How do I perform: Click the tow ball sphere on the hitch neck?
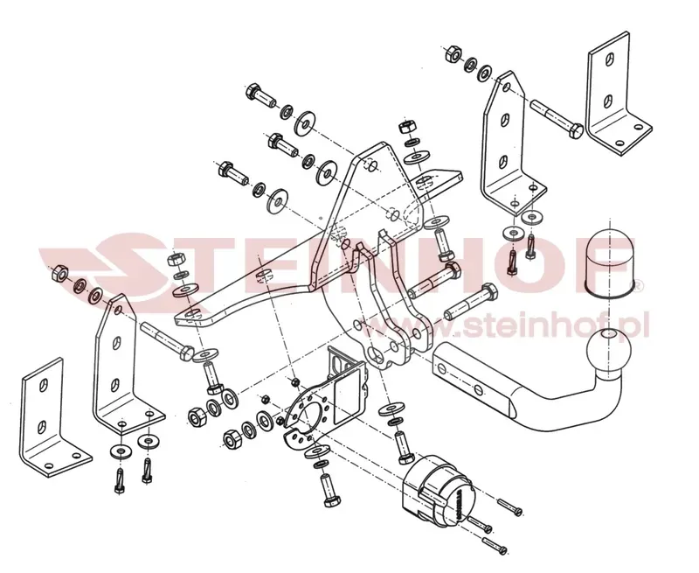coord(609,351)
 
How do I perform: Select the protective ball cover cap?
coord(607,262)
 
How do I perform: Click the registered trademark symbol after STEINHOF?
coord(638,284)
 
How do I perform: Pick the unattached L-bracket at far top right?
coord(617,94)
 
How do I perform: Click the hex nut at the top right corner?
coord(454,54)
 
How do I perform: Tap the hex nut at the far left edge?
coord(59,273)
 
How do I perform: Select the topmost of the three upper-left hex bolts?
coord(260,94)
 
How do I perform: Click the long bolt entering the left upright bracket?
coord(167,342)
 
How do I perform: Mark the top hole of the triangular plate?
coord(372,165)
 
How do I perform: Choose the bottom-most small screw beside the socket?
coord(495,545)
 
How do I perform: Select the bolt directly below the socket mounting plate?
coord(330,491)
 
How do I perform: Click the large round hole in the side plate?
coord(374,357)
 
